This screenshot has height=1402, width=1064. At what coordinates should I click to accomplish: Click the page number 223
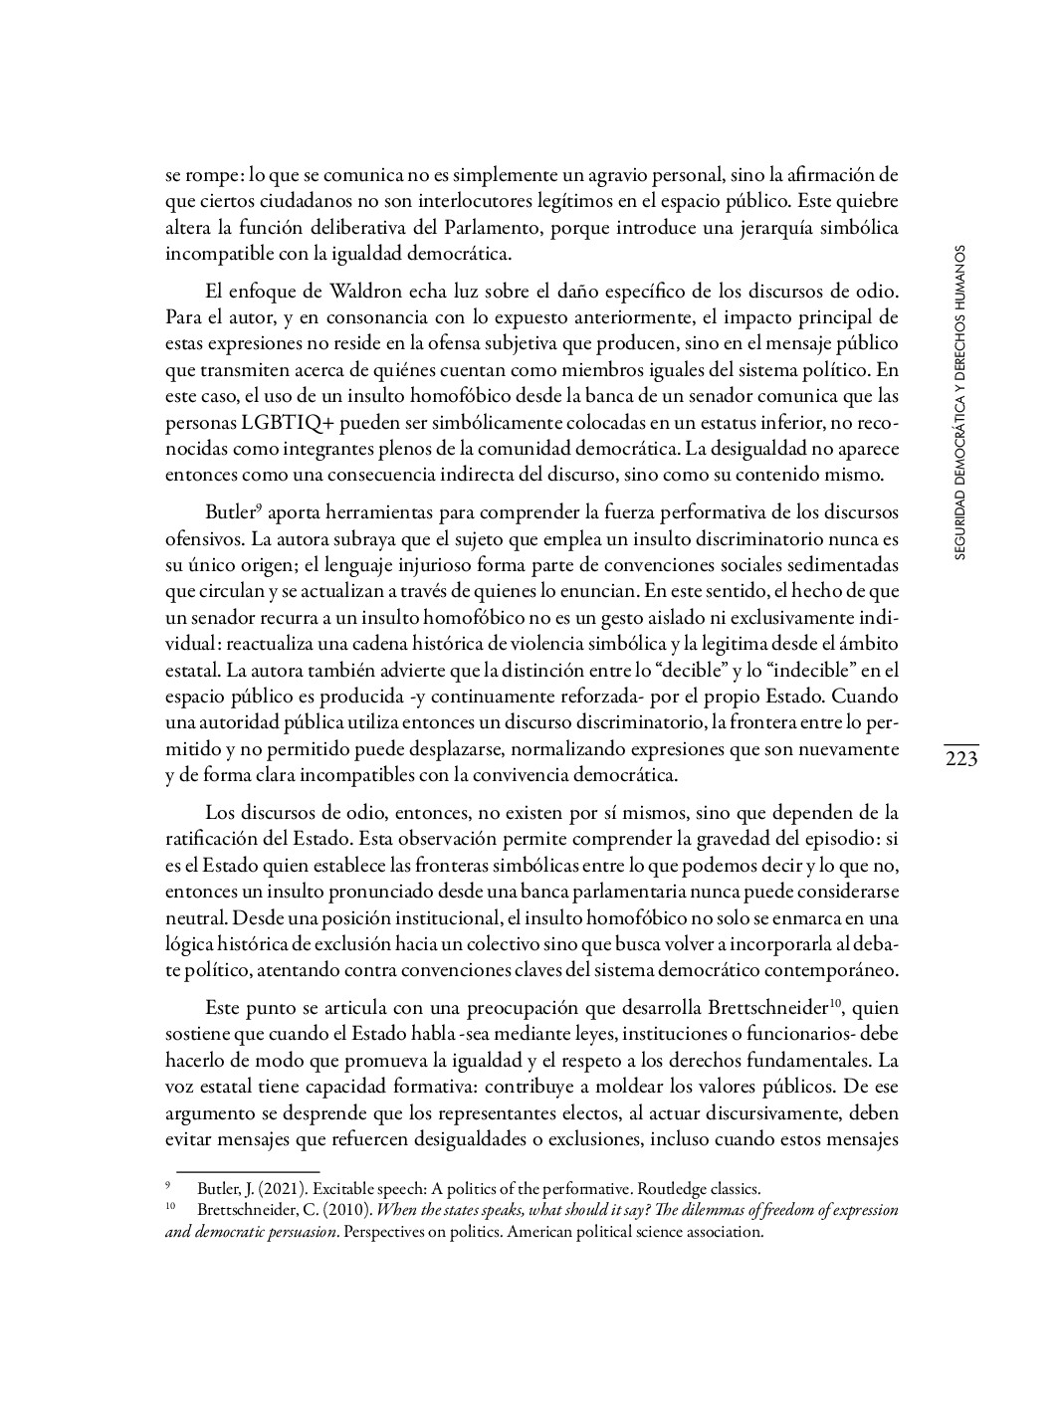coord(961,760)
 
